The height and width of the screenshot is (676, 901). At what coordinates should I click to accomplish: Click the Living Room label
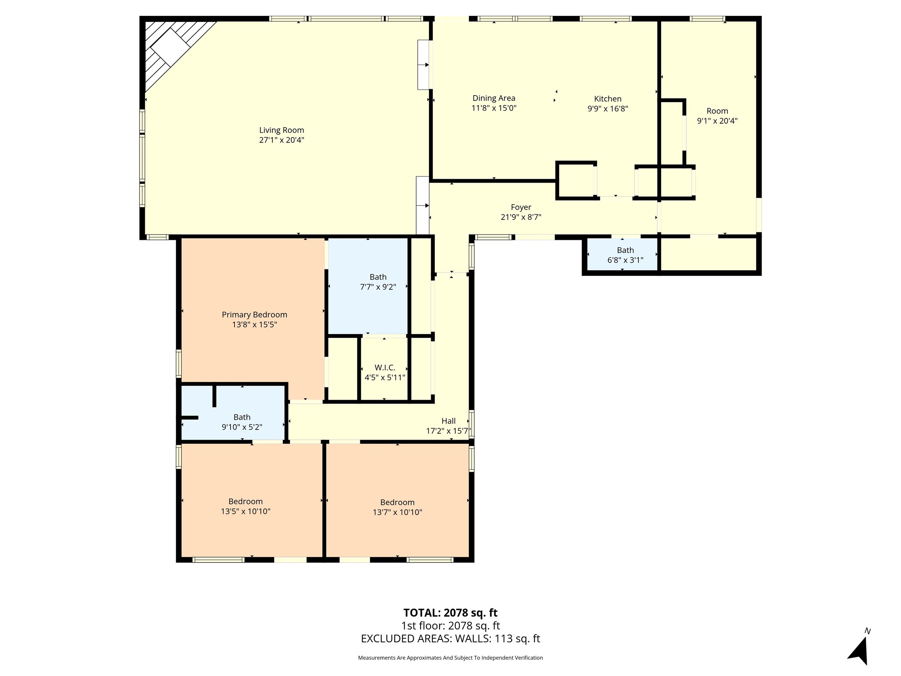click(x=282, y=130)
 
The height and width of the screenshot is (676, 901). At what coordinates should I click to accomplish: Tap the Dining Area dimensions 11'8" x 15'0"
click(x=494, y=108)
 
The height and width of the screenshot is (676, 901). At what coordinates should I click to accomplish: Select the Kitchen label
click(x=608, y=99)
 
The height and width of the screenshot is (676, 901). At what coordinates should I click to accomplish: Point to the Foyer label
click(x=521, y=207)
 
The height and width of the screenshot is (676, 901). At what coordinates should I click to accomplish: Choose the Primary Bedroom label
click(x=254, y=315)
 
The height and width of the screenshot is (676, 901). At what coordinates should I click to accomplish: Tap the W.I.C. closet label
click(x=385, y=367)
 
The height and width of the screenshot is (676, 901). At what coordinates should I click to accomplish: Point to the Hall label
click(x=448, y=421)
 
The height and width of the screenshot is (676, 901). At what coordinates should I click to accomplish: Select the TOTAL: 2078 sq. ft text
click(x=450, y=613)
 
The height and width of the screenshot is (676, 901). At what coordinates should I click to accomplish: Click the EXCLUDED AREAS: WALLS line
click(x=450, y=639)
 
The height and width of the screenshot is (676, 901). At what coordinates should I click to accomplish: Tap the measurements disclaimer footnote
click(x=450, y=658)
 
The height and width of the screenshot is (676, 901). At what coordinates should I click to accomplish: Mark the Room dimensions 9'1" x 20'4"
click(x=717, y=121)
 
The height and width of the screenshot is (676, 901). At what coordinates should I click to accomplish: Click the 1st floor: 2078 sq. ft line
click(x=450, y=625)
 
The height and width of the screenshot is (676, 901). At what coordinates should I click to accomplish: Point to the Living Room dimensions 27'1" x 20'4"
click(x=282, y=140)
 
